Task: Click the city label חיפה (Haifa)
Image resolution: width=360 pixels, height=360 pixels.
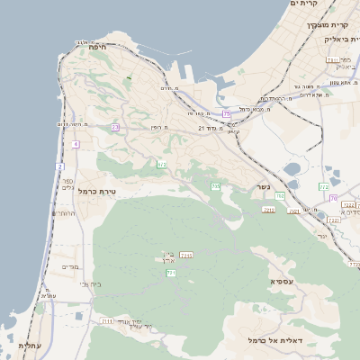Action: coord(99,47)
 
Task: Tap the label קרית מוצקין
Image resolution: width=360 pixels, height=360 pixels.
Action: coord(308,25)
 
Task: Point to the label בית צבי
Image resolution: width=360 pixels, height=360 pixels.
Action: coord(90,284)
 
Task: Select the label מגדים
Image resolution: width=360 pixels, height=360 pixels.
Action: coord(70,267)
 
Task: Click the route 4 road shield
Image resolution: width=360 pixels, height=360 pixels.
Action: coord(76,144)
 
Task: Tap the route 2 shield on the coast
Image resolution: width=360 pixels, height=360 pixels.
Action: coord(60,166)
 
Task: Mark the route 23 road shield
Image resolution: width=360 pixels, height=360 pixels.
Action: coord(115,128)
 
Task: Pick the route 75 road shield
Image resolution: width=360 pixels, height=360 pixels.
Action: coord(227,114)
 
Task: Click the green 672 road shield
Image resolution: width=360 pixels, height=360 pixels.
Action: coord(162,165)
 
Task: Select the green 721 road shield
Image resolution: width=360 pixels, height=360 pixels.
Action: coord(171,273)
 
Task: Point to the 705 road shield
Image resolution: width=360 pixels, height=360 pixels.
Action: coord(215,186)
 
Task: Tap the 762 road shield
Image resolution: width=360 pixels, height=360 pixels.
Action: coord(323,186)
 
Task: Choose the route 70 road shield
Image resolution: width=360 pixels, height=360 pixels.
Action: coord(333,198)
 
